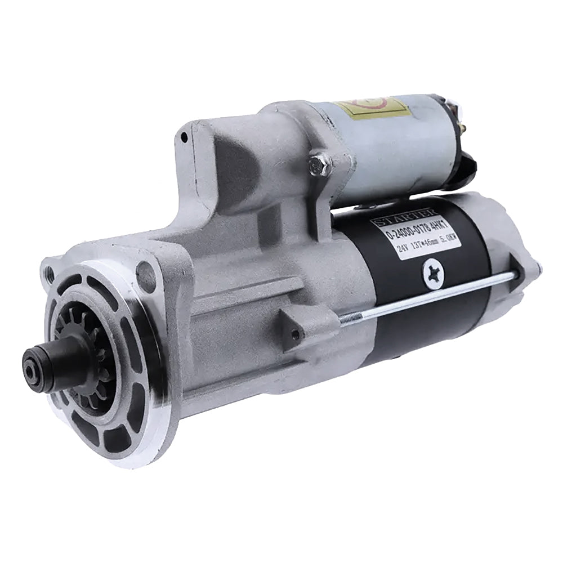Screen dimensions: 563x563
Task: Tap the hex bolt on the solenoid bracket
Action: (320, 164)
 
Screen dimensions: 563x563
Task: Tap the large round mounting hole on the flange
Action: (146, 276)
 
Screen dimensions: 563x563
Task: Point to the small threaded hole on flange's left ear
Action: (51, 275)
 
